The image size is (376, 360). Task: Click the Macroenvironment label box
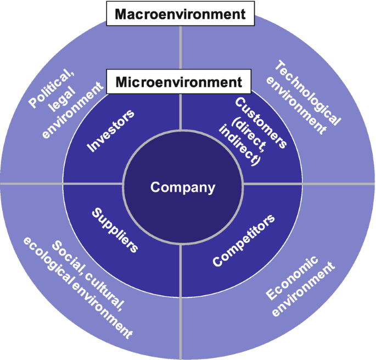point(179,14)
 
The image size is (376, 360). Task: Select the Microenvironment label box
point(179,82)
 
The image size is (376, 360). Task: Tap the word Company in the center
point(183,187)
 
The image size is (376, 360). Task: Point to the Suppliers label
point(114,230)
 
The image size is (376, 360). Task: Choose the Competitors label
point(244,241)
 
